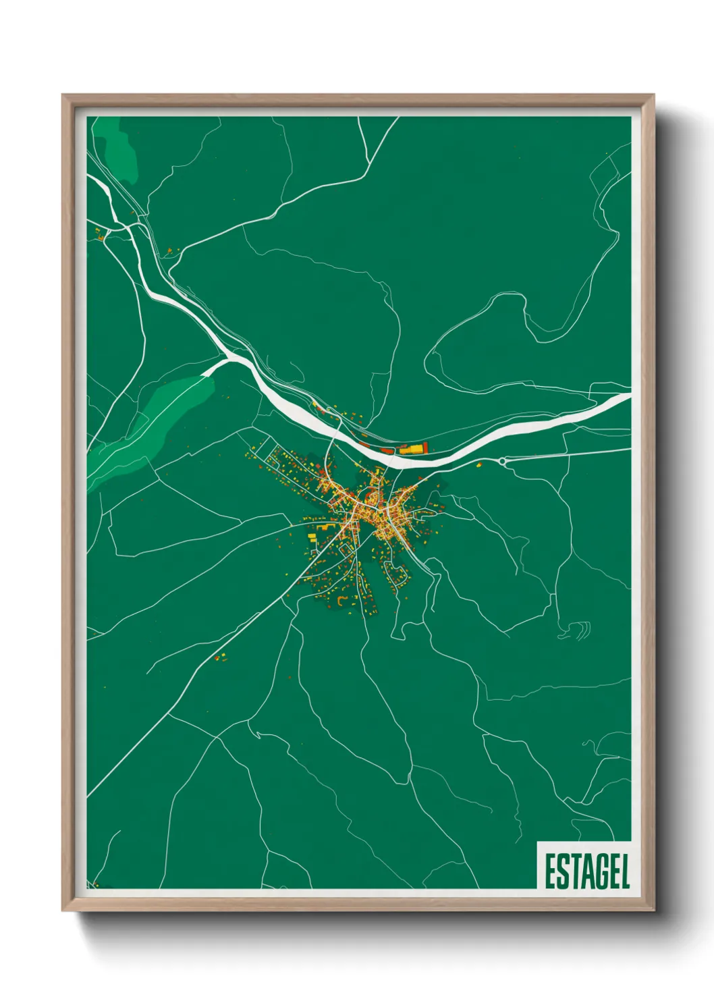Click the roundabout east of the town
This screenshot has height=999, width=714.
[503, 460]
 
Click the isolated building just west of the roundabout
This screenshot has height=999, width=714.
[479, 464]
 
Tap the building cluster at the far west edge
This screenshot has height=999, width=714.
[101, 234]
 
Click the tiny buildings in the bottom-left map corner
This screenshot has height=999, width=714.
[97, 884]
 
